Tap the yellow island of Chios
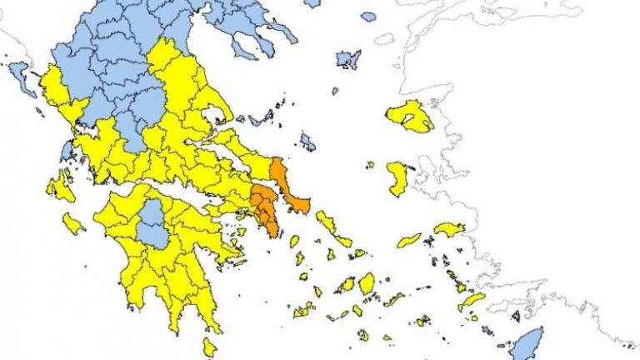tap(397, 177)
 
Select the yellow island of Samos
tap(449, 228)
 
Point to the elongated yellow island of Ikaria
tap(409, 241)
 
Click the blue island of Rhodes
tap(527, 342)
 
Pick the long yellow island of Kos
tap(471, 301)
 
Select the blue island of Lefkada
tap(65, 151)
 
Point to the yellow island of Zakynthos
tap(73, 223)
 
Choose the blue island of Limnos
tap(347, 59)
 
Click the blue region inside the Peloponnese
tap(152, 222)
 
